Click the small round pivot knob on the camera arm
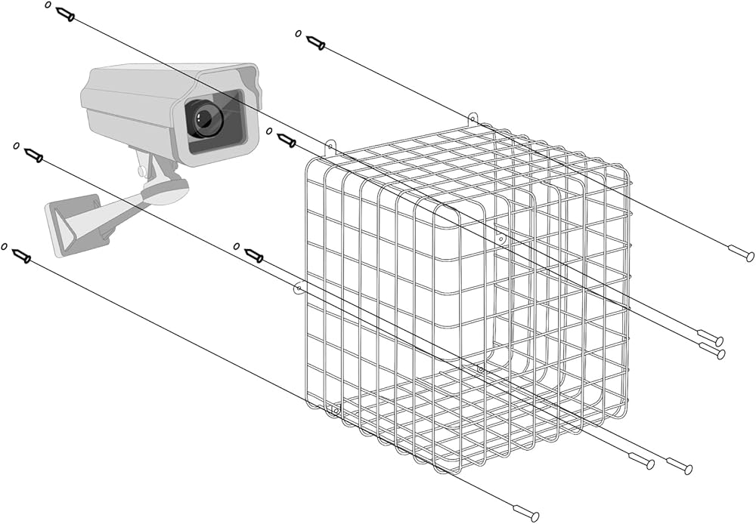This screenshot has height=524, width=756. pos(142,171)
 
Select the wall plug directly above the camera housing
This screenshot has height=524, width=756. pos(65,14)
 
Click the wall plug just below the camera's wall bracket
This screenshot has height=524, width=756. pos(21,257)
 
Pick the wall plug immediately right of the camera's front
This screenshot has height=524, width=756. pos(286,140)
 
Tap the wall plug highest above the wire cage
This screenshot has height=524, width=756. pos(315,42)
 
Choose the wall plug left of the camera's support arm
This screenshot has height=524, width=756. pos(33,156)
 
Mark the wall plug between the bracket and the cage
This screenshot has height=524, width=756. pos(253,255)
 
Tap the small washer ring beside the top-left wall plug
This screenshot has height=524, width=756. pos(48,5)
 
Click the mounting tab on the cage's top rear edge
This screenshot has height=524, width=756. pos(472,118)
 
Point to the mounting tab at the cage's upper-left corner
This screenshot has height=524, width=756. pos(330,144)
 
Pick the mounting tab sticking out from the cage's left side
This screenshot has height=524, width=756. pos(299,287)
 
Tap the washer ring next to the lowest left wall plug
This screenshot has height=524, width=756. pos(5,246)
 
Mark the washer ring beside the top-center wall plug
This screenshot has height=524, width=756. pos(298,33)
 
